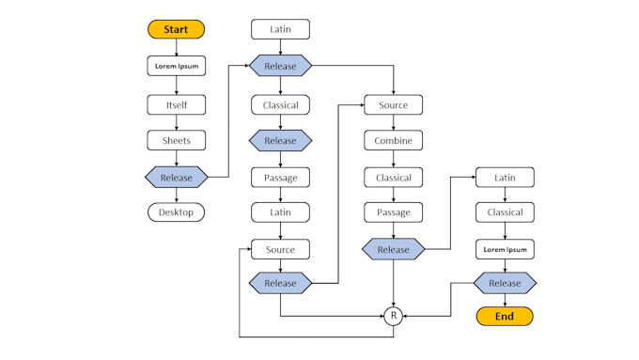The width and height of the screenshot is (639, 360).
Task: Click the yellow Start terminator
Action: [x=176, y=30]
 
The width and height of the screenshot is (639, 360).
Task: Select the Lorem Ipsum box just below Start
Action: [x=176, y=67]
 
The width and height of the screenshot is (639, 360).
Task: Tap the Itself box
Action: [x=176, y=104]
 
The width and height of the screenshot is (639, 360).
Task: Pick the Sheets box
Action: [x=176, y=140]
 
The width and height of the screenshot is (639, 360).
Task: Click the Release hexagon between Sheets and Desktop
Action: [x=176, y=177]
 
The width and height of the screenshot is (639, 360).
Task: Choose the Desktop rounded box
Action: [x=176, y=212]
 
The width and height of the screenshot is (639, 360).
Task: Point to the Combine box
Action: [x=393, y=140]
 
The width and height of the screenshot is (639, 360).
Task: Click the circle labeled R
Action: [x=393, y=316]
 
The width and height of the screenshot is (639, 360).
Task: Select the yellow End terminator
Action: [x=505, y=316]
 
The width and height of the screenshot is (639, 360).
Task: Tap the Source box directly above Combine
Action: [x=393, y=104]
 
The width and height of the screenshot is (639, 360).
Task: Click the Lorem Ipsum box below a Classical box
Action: [x=505, y=249]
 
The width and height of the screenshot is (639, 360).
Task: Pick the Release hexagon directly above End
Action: [x=505, y=283]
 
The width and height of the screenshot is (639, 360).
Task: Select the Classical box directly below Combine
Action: [x=393, y=177]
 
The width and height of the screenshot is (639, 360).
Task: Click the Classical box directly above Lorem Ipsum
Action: [x=505, y=212]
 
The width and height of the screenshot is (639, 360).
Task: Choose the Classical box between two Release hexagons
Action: [x=280, y=104]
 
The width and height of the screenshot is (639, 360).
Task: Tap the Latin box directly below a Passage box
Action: [x=280, y=212]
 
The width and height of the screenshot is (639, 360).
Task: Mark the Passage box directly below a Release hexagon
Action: [x=280, y=177]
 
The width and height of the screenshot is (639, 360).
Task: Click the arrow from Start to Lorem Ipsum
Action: [x=176, y=48]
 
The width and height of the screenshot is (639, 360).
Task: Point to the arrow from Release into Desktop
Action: [x=176, y=195]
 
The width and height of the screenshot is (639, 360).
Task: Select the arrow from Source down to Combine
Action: [x=393, y=122]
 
